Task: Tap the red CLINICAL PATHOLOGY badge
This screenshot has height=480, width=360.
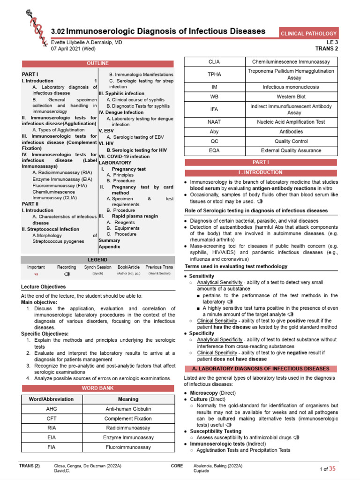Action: click(x=308, y=33)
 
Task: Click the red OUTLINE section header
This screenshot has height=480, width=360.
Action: click(x=97, y=63)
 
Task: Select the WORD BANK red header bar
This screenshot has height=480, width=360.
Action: click(x=97, y=388)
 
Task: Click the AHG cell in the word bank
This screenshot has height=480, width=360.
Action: click(x=52, y=409)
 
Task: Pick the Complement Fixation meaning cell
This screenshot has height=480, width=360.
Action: click(x=128, y=419)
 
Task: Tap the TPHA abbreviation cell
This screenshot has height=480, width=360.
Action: click(x=214, y=74)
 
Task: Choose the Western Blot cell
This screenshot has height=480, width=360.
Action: click(x=291, y=97)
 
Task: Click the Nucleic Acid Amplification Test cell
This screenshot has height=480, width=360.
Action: click(x=291, y=122)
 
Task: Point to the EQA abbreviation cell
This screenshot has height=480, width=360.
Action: click(x=214, y=150)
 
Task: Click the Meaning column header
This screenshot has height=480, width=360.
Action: click(x=128, y=399)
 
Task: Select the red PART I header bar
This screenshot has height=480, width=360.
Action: click(x=261, y=162)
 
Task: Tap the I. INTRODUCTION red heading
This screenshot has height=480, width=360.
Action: click(x=261, y=172)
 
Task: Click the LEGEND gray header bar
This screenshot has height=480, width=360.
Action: click(x=97, y=260)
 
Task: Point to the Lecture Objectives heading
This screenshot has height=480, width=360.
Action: click(x=44, y=286)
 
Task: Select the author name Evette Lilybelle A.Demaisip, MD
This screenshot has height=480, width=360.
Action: click(x=87, y=42)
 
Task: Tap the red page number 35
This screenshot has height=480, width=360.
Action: click(x=332, y=469)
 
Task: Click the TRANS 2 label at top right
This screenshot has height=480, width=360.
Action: click(x=327, y=48)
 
